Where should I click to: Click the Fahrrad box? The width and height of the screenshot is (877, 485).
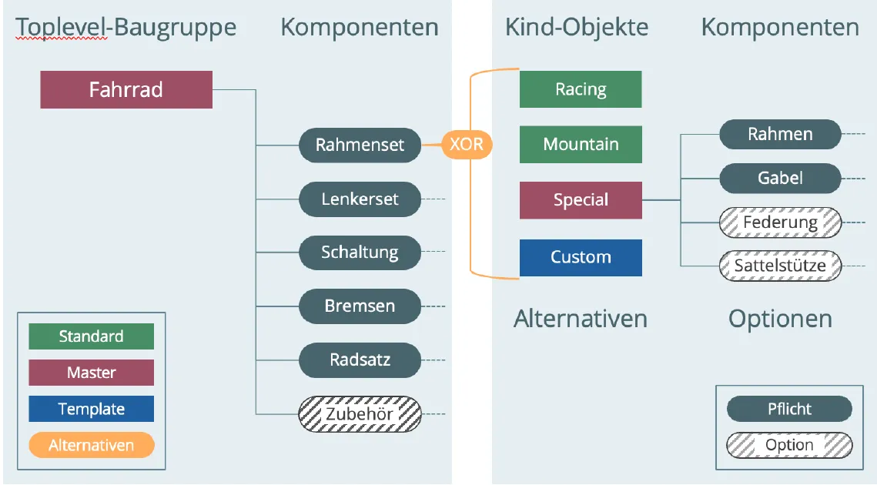pyautogui.click(x=126, y=89)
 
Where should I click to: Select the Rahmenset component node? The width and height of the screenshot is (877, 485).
pyautogui.click(x=360, y=145)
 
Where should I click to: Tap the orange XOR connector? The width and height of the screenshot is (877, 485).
pyautogui.click(x=467, y=144)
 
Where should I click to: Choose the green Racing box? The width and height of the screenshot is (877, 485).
pyautogui.click(x=581, y=89)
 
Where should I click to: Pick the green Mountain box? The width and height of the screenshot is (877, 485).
pyautogui.click(x=581, y=144)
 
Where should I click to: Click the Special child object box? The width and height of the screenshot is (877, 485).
pyautogui.click(x=581, y=199)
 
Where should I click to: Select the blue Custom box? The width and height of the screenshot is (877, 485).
pyautogui.click(x=581, y=257)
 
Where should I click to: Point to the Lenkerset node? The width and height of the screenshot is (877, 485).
pyautogui.click(x=360, y=199)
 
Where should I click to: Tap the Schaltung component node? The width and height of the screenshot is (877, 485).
pyautogui.click(x=360, y=253)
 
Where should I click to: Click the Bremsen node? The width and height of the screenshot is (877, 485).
pyautogui.click(x=360, y=306)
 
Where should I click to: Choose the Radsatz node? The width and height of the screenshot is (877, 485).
pyautogui.click(x=360, y=360)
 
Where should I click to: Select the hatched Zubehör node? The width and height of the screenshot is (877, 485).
pyautogui.click(x=360, y=414)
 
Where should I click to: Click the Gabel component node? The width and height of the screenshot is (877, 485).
pyautogui.click(x=780, y=178)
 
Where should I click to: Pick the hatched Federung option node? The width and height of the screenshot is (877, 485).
pyautogui.click(x=780, y=222)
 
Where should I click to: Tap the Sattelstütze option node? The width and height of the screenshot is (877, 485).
pyautogui.click(x=780, y=266)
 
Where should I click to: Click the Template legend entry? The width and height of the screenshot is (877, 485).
pyautogui.click(x=91, y=409)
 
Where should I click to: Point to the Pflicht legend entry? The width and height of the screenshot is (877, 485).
pyautogui.click(x=789, y=409)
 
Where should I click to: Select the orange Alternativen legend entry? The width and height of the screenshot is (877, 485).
pyautogui.click(x=91, y=445)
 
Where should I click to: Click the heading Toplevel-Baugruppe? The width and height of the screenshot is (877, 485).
pyautogui.click(x=126, y=28)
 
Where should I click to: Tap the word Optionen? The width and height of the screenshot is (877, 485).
pyautogui.click(x=780, y=319)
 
